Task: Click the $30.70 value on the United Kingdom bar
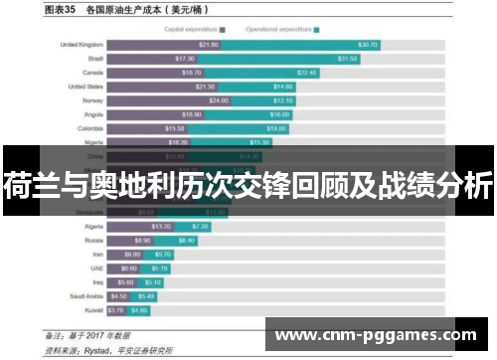point(368,45)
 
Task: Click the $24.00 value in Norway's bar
point(219,100)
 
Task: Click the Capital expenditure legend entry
point(195,30)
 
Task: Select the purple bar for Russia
point(129,240)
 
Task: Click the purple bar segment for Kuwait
point(118,309)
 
